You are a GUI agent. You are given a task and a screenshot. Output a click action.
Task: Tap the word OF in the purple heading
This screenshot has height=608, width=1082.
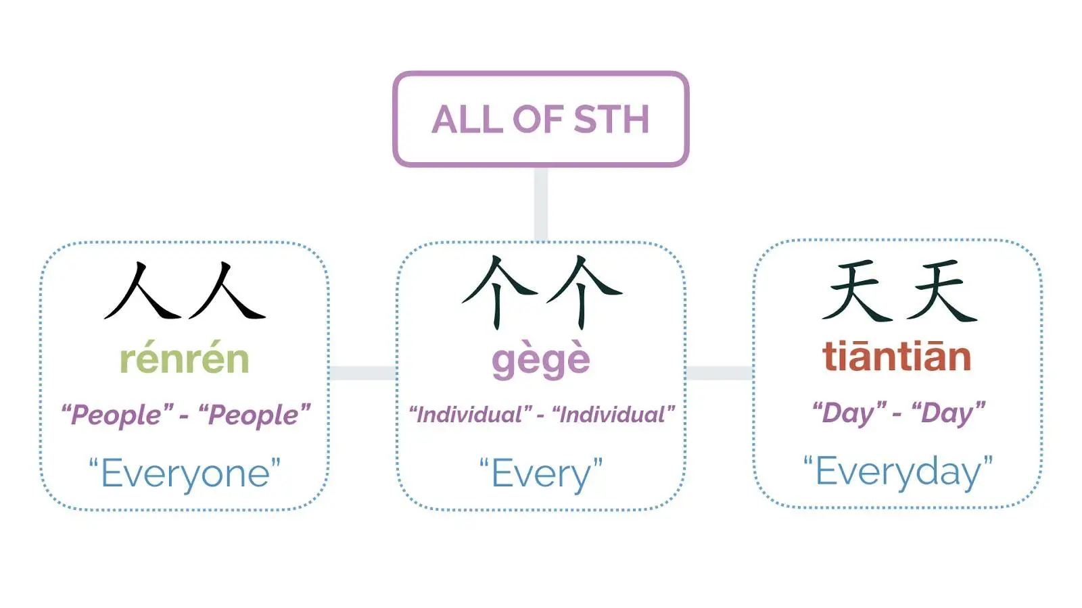click(537, 120)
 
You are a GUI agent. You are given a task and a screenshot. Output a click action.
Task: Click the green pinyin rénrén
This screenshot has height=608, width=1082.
click(185, 359)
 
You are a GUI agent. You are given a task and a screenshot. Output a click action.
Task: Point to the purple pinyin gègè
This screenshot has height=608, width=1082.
click(540, 360)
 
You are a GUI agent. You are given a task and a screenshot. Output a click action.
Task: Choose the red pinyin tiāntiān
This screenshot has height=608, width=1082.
click(897, 357)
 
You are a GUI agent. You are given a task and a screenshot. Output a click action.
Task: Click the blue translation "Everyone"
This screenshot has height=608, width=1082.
click(185, 473)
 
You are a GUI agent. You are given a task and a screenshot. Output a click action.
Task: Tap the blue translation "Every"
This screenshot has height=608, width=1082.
click(540, 473)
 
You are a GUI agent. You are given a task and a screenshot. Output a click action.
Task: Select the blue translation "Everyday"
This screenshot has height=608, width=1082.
click(897, 471)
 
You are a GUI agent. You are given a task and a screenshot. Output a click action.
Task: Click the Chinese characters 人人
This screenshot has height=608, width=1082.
click(185, 292)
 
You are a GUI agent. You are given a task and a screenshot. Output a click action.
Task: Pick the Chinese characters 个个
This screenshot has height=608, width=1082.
click(541, 292)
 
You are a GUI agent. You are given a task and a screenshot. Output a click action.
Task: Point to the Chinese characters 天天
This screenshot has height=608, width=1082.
click(899, 292)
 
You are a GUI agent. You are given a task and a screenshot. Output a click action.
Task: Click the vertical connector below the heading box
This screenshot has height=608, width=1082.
click(540, 203)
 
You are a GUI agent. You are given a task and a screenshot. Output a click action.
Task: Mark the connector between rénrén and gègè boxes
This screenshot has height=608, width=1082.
click(362, 373)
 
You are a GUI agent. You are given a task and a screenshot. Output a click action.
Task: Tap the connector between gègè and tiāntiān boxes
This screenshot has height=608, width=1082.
click(720, 373)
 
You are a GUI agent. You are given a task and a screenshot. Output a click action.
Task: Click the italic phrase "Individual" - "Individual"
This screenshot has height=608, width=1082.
click(541, 414)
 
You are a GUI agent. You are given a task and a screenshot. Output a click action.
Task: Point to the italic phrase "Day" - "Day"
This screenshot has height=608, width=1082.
click(898, 412)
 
